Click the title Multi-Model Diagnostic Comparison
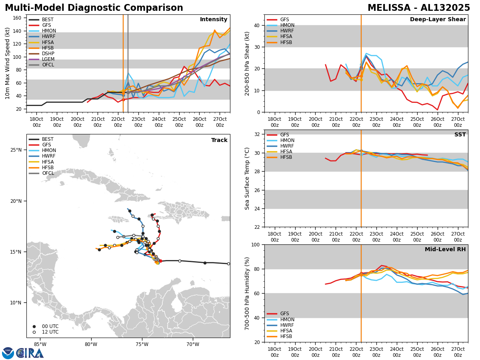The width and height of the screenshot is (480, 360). [94, 8]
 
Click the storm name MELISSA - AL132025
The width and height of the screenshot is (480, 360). [419, 8]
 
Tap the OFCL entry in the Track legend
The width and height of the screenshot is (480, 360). [48, 173]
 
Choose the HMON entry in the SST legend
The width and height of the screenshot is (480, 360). [287, 140]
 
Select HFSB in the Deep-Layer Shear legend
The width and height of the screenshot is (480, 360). [286, 42]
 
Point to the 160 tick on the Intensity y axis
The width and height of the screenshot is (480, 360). [18, 18]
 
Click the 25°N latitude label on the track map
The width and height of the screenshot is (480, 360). [16, 150]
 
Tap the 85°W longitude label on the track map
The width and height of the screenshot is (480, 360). [40, 344]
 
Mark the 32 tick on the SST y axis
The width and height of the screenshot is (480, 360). [258, 134]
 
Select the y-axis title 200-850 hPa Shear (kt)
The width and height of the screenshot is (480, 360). [248, 63]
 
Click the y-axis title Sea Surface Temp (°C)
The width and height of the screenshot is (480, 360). [248, 178]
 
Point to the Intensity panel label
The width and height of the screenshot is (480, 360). [213, 20]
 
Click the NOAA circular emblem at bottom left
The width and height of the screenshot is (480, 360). [8, 353]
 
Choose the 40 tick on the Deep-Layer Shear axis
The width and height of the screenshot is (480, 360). [258, 25]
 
